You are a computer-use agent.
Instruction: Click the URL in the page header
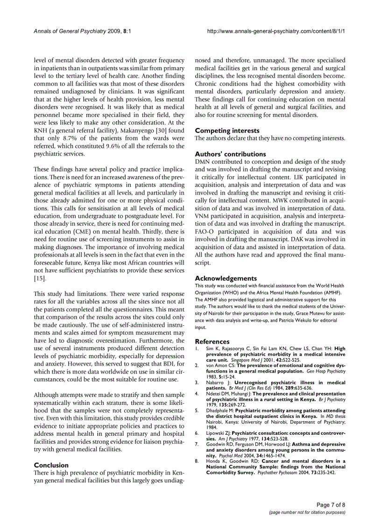coord(276,31)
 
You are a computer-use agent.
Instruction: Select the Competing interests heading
coord(227,131)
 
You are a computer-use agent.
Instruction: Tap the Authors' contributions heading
coord(230,154)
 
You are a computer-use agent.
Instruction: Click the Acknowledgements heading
coord(226,278)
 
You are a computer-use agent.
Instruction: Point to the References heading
coord(212,342)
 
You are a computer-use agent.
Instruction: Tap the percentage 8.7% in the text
coord(72,138)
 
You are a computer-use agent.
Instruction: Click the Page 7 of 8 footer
coord(331,505)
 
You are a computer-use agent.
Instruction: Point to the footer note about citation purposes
coord(307,512)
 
